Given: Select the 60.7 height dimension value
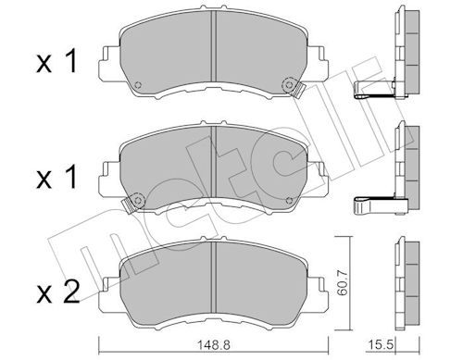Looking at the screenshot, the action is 343,282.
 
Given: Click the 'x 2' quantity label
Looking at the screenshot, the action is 58,292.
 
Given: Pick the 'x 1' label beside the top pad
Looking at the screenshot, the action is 56,62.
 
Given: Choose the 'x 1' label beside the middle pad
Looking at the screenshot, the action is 56,177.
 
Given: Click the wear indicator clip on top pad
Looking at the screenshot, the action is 293,87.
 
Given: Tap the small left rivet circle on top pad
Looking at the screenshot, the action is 138,85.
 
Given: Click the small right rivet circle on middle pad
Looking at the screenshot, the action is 289,201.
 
